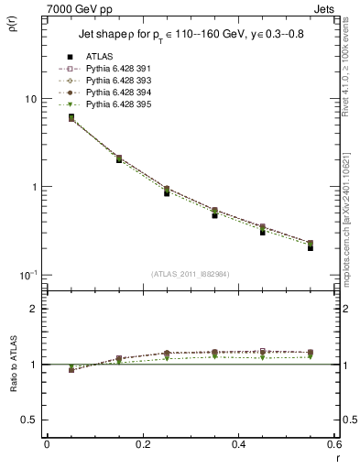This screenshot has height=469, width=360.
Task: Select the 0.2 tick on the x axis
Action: coord(142,443)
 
